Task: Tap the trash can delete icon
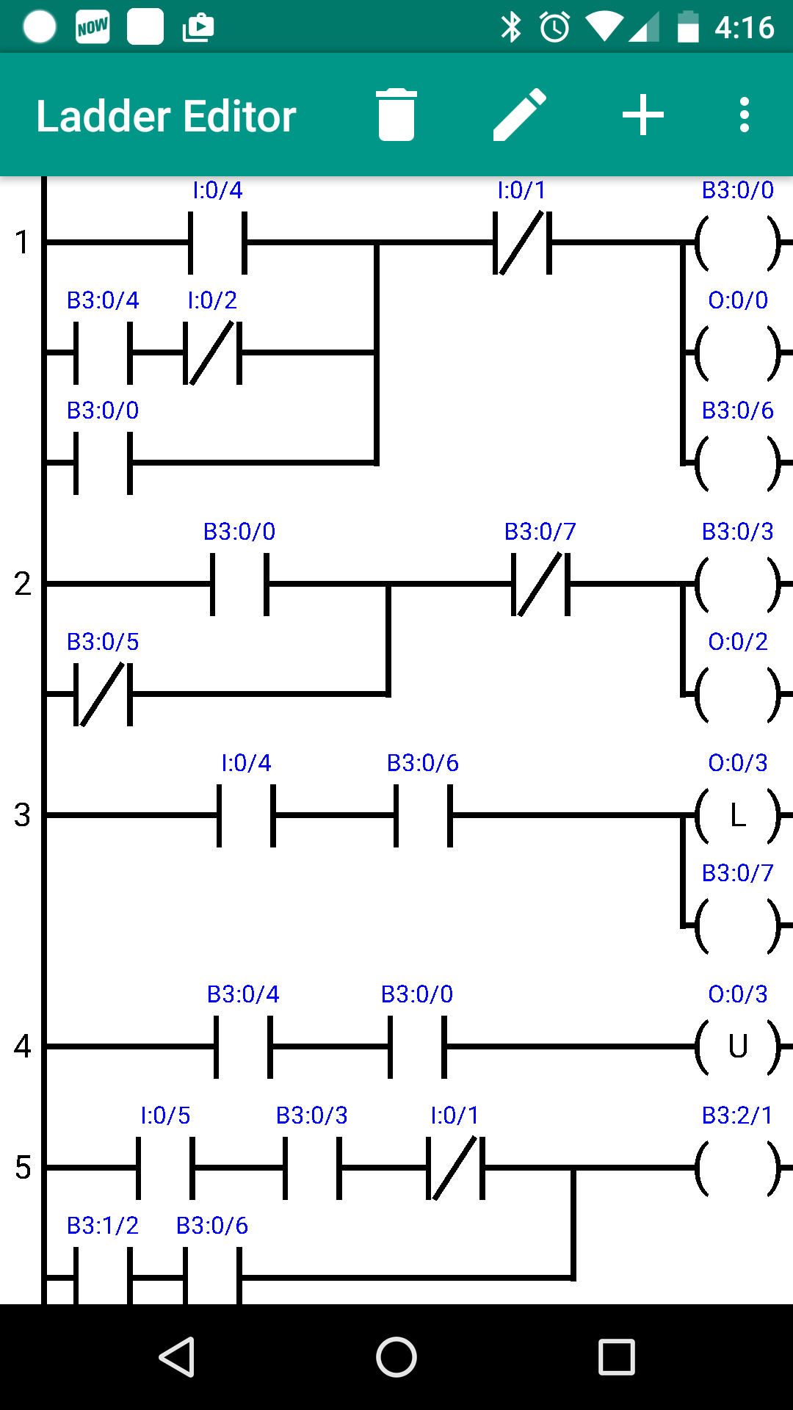tap(396, 115)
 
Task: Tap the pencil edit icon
tap(519, 115)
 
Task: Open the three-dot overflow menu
tap(744, 115)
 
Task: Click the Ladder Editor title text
tap(166, 116)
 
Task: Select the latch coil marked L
tap(737, 815)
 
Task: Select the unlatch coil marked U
tap(737, 1046)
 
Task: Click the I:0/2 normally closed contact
tap(211, 352)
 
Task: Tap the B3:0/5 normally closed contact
tap(103, 694)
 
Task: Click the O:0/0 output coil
tap(737, 352)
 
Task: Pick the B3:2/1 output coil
tap(737, 1168)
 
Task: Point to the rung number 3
tap(22, 815)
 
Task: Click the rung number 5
tap(22, 1168)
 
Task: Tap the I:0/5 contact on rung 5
tap(165, 1168)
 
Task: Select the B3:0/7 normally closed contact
tap(540, 584)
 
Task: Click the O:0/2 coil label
tap(737, 642)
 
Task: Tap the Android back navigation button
tap(176, 1356)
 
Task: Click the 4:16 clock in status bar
tap(743, 28)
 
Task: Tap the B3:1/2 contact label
tap(103, 1226)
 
